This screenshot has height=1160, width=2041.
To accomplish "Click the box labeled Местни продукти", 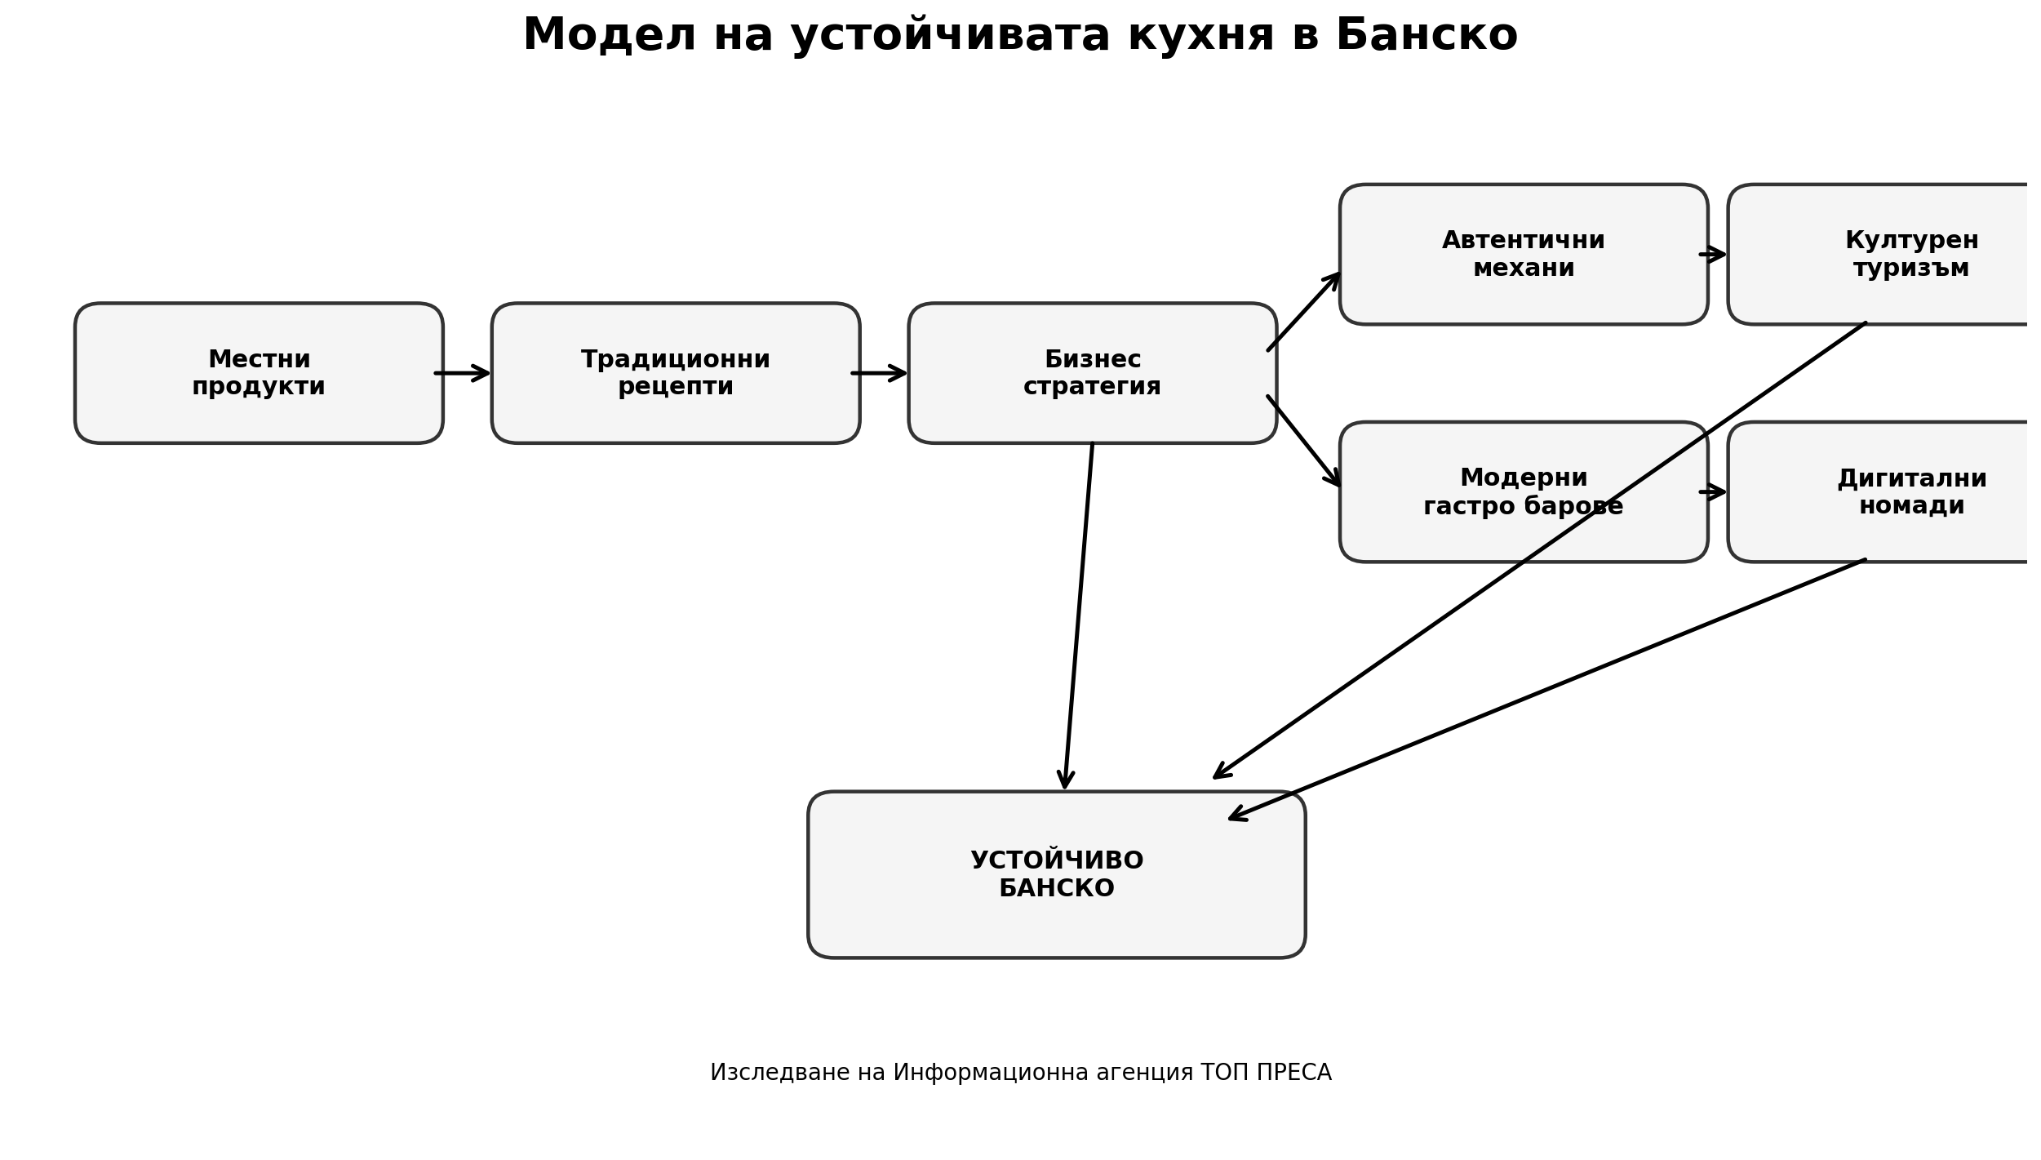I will point(259,373).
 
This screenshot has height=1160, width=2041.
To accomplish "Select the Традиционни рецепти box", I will point(675,373).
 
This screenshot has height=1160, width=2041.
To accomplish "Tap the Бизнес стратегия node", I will point(1092,373).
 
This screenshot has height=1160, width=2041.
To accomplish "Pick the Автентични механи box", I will point(1523,254).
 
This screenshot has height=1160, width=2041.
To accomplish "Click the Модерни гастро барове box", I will point(1523,491).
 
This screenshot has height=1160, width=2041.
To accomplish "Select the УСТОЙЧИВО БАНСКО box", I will point(1056,874).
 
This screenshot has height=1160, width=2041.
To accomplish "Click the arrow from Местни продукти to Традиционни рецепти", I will point(462,373).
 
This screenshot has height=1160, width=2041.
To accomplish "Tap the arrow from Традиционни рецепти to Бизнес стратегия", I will point(879,373).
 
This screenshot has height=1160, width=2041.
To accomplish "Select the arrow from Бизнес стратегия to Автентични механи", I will point(1303,313).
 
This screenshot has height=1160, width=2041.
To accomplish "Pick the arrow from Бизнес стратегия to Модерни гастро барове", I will point(1303,441).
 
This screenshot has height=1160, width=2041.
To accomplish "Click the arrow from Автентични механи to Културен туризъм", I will point(1712,255).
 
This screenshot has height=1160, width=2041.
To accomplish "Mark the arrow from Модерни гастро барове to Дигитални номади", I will point(1712,491).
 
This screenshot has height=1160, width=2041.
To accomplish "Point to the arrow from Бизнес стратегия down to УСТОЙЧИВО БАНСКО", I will point(1078,616).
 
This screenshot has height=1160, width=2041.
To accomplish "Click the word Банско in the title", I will point(1426,37).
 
